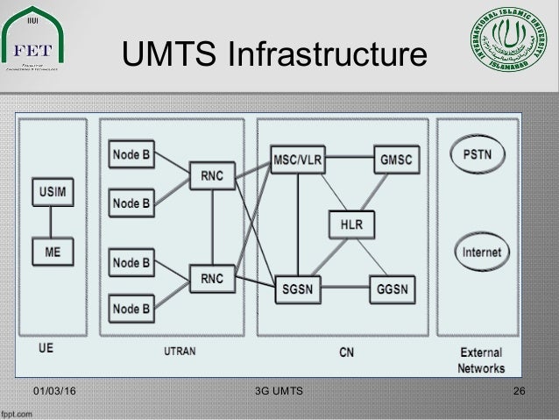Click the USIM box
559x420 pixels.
(x=53, y=191)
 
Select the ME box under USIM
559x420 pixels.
(x=53, y=253)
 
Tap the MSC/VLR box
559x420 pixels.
(x=298, y=159)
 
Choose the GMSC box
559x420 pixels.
(x=396, y=159)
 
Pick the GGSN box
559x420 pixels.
(x=391, y=288)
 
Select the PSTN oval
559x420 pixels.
(x=482, y=158)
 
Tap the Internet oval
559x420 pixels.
(x=482, y=253)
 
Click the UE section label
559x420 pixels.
(x=46, y=348)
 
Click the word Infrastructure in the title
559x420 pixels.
(x=327, y=54)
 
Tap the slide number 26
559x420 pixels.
(x=519, y=388)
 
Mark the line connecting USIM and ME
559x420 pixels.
(x=53, y=223)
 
